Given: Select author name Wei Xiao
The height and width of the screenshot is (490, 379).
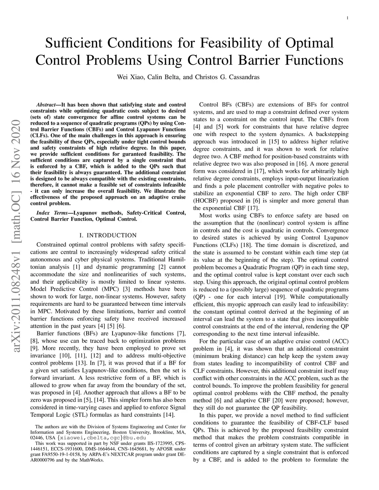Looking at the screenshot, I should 130,77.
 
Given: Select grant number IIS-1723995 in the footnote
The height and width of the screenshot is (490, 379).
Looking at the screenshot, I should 158,443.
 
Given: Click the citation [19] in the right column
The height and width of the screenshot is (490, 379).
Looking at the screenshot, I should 280,297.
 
